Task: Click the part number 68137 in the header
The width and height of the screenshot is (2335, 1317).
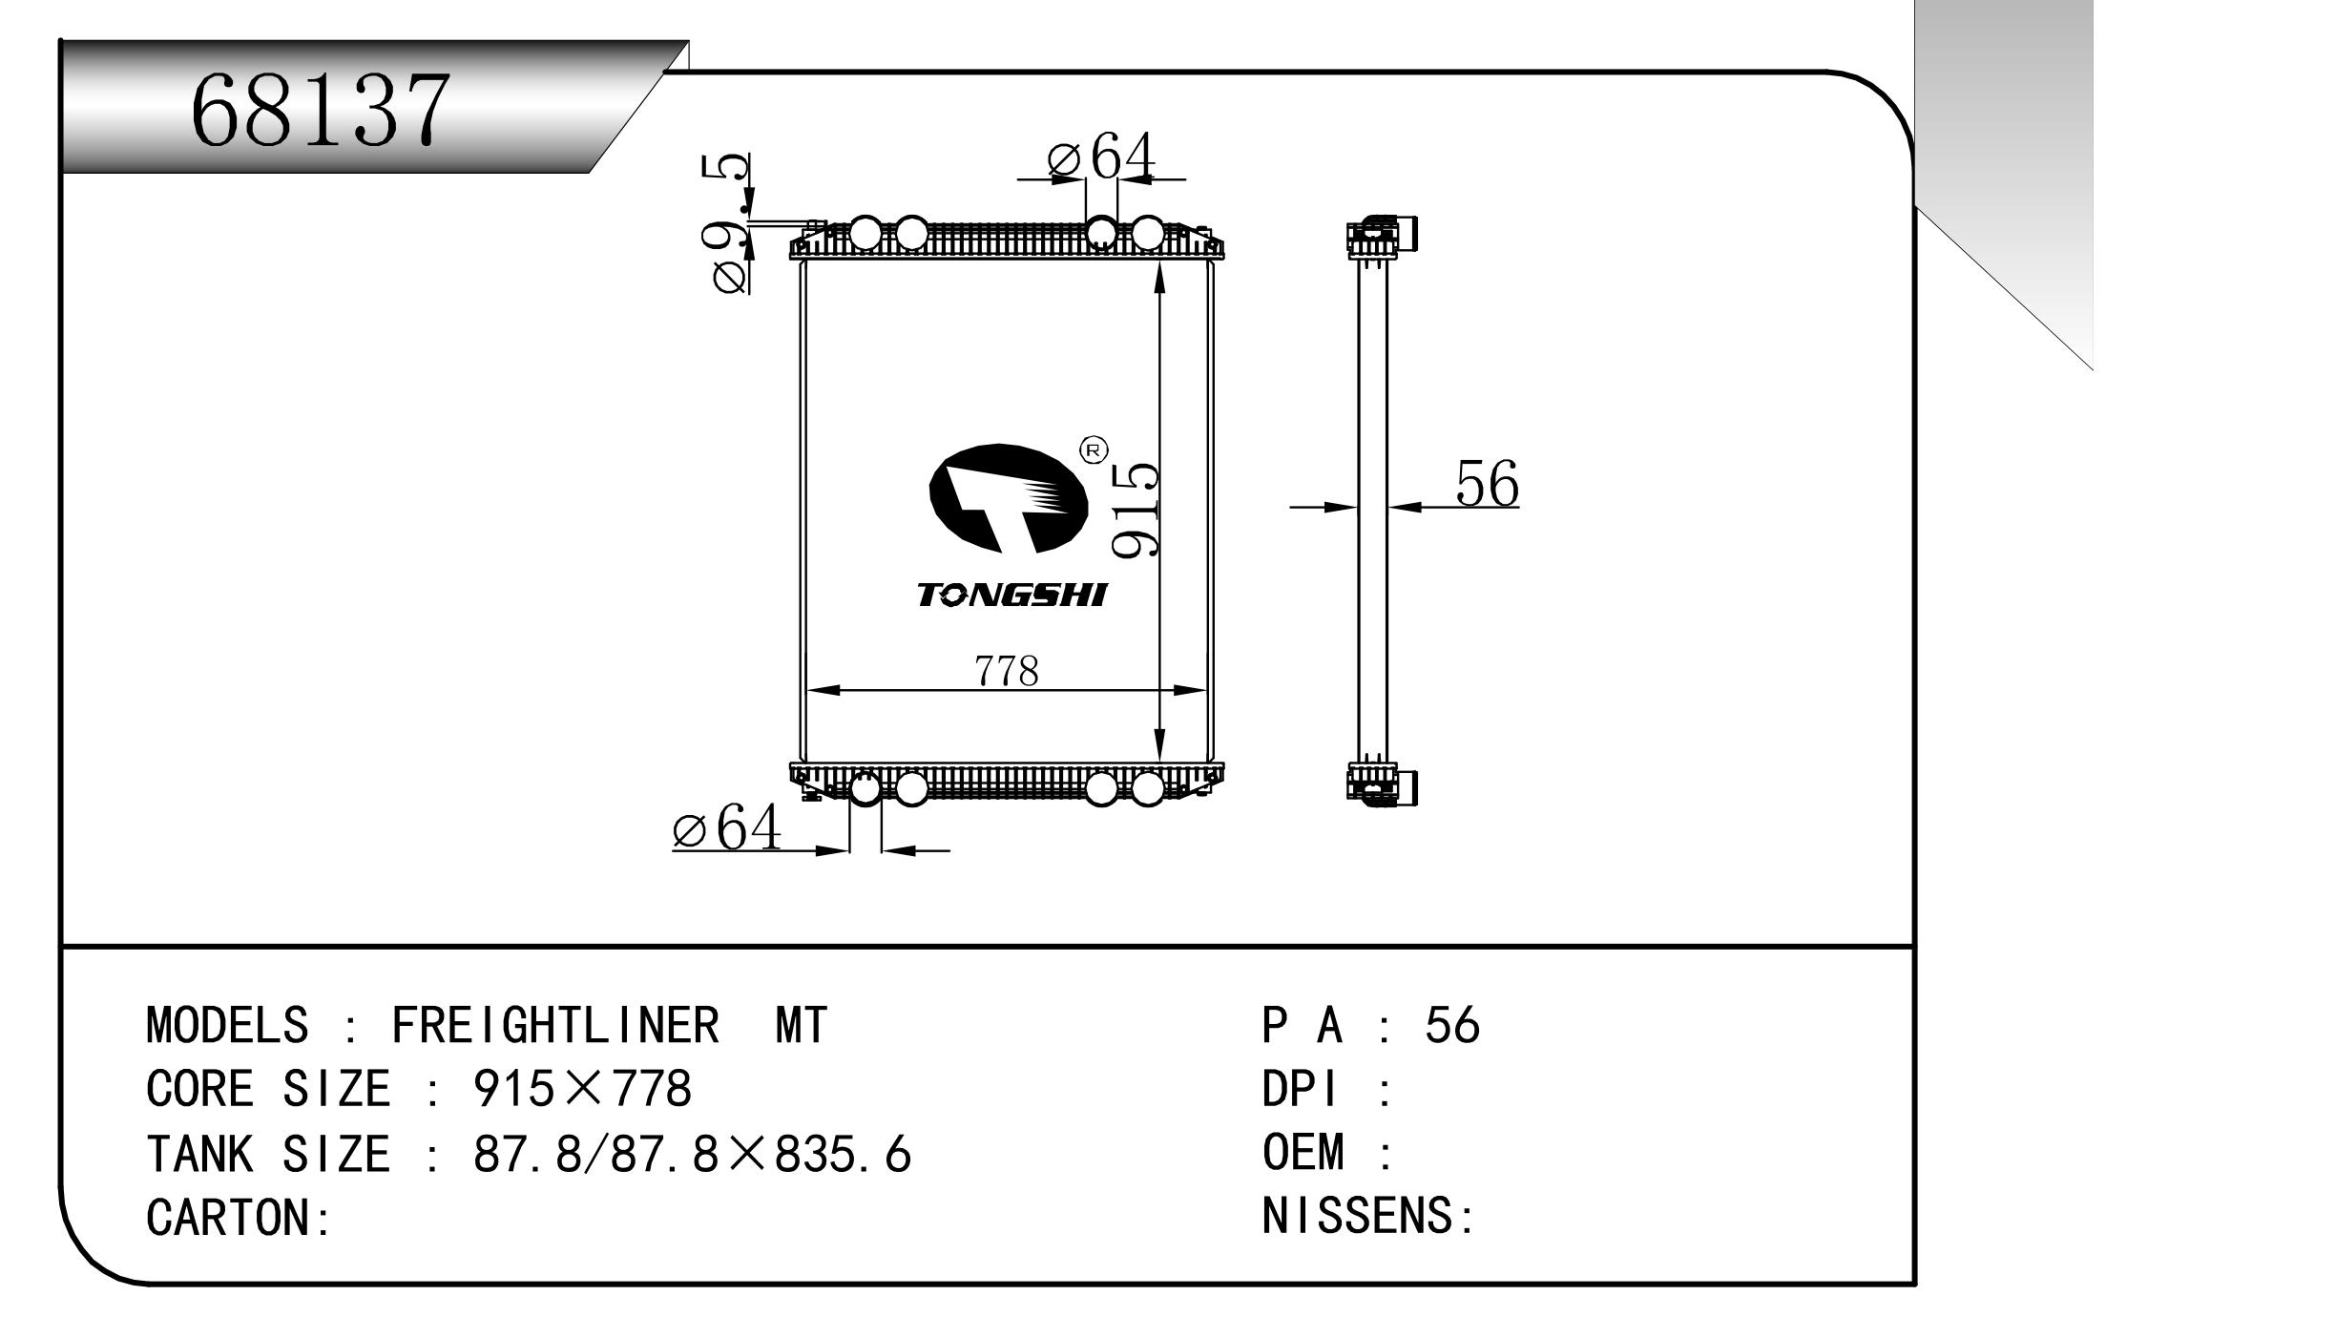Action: (320, 109)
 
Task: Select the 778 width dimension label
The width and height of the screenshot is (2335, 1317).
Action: (1007, 670)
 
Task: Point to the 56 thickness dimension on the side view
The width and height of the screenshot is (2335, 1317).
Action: (1486, 484)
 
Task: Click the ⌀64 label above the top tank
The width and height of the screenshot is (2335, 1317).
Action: (1101, 157)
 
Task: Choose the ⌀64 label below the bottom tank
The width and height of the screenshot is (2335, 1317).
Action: (727, 827)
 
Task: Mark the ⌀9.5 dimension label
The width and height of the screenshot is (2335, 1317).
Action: (730, 225)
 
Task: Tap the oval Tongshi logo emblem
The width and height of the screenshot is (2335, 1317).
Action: (1008, 498)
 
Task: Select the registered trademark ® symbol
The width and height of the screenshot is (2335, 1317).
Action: (1093, 450)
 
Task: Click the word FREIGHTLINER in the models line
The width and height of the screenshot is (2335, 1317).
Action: (555, 1026)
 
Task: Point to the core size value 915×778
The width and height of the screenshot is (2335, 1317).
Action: (582, 1089)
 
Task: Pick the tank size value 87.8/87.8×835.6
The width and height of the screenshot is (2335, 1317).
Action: (692, 1154)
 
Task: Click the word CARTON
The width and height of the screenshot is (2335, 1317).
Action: (229, 1218)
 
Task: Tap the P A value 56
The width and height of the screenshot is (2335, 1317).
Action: (1451, 1026)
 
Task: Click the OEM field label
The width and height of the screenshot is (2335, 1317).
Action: (1303, 1153)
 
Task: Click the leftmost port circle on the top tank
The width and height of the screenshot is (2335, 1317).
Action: (865, 232)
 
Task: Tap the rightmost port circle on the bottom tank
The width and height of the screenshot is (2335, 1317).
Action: (1147, 788)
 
